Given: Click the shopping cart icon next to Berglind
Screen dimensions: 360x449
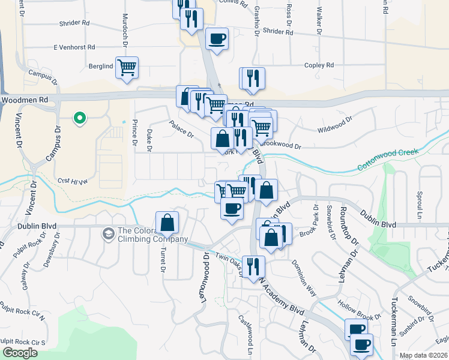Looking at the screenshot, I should coord(127,68).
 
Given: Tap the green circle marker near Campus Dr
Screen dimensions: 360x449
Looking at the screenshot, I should coord(79,118).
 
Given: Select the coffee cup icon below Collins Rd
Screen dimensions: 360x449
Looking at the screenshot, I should coord(216,39).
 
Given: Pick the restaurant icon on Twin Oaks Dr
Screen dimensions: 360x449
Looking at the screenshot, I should coord(253,267).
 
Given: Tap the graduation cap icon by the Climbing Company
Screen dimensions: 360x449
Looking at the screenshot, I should coord(109,233).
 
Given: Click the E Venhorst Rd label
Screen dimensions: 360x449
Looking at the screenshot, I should coord(74,47).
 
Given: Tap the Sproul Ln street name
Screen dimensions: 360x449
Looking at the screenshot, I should coord(419,204).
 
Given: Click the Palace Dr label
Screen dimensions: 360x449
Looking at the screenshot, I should coord(181,130).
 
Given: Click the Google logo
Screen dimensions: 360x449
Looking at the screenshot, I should coord(20,353).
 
